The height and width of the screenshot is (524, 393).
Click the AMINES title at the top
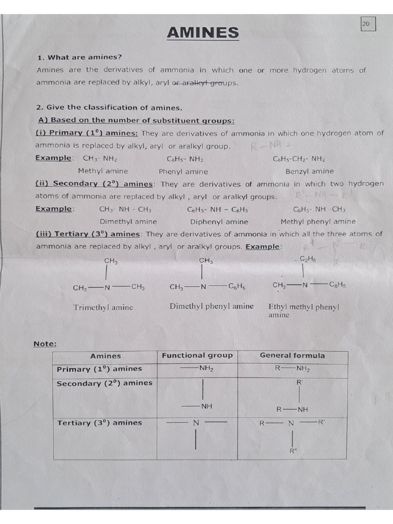tap(203, 33)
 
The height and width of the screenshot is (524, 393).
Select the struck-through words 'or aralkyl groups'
tap(205, 83)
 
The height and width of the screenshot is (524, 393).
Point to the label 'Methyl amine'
tap(103, 171)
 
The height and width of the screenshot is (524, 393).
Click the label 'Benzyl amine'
tap(309, 171)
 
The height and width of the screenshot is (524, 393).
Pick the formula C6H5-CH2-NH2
tap(299, 159)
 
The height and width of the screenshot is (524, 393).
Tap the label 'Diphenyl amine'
tap(219, 222)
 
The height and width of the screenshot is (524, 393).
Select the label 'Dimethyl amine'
tap(128, 222)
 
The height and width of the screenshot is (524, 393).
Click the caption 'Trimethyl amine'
tap(103, 308)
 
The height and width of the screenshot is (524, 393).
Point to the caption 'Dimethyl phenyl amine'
tap(211, 307)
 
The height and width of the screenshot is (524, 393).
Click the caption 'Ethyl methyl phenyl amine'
tap(303, 311)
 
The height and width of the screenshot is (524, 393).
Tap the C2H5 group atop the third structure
tap(308, 259)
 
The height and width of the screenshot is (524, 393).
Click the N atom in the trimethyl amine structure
tap(107, 288)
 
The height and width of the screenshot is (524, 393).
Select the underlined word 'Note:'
tap(45, 344)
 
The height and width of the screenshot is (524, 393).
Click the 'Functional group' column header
tap(197, 356)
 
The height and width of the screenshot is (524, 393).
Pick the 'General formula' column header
tap(292, 356)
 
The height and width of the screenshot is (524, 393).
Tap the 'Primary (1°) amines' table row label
tap(99, 369)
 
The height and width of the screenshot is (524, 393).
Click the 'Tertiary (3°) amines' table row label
tap(99, 423)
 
